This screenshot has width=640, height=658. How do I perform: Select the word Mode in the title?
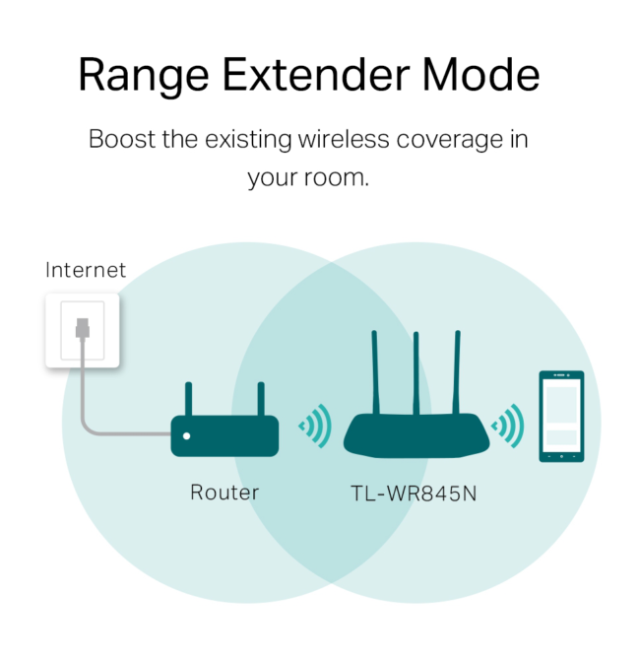click(489, 77)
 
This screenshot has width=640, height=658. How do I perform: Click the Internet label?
click(86, 270)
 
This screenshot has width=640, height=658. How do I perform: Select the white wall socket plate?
click(83, 331)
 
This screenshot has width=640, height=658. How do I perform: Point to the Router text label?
click(224, 493)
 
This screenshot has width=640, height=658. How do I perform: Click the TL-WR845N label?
click(414, 493)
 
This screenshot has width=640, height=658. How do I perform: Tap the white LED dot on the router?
click(187, 435)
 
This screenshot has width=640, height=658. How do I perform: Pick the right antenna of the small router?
click(261, 399)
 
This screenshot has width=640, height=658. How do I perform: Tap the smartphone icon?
click(561, 416)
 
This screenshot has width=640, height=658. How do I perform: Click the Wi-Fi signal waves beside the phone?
click(509, 427)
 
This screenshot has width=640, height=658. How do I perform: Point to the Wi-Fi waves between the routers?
click(315, 427)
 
